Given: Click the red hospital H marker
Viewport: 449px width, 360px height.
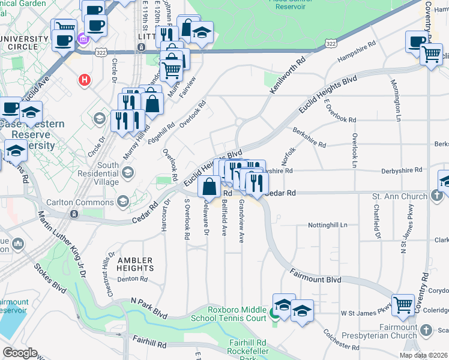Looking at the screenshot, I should click(x=85, y=79).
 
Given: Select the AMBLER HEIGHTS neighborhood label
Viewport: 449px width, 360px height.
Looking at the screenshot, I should click(x=135, y=264).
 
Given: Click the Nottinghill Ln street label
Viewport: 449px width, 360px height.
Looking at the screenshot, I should click(x=327, y=225).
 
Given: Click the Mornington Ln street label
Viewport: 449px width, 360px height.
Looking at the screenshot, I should click(x=396, y=100).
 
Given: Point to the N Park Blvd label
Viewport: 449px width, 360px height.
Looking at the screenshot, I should click(x=149, y=308).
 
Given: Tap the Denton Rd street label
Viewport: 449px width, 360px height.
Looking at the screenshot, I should click(x=133, y=279).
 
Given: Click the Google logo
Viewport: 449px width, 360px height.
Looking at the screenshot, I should click(x=20, y=353).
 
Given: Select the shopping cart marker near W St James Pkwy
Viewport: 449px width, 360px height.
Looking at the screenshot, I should click(x=403, y=305).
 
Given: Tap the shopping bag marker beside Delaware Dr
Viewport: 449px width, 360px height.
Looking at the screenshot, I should click(x=209, y=187).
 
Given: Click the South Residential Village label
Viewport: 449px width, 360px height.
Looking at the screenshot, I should click(x=108, y=173).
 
